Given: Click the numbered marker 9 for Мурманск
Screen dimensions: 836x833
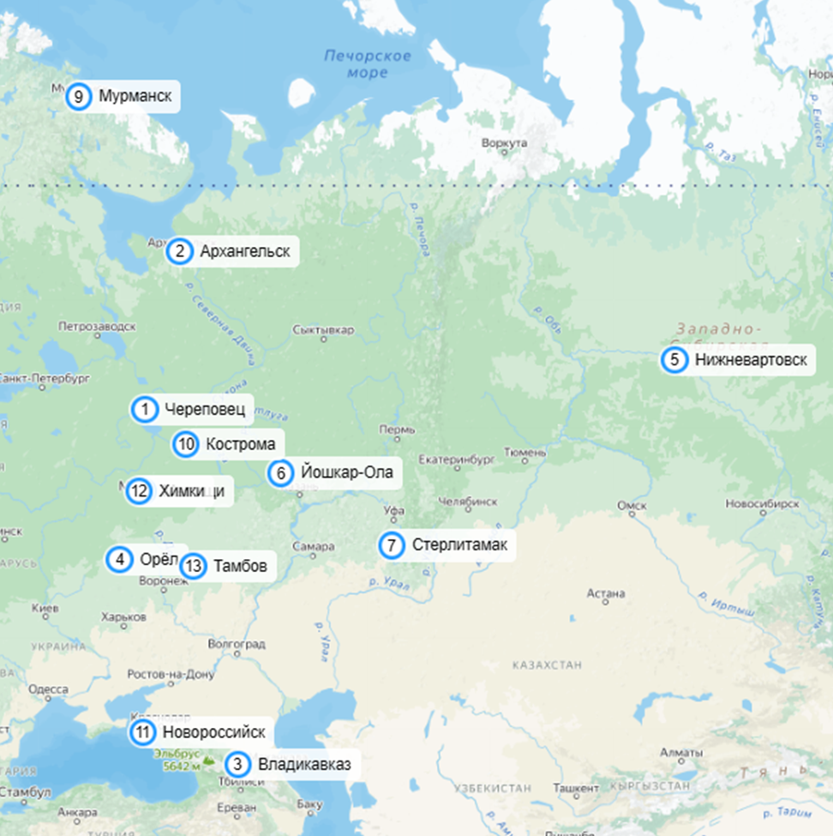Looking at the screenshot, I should (x=78, y=96).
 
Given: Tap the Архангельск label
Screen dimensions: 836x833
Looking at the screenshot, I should (x=244, y=251).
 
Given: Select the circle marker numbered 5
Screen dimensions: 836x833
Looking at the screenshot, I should (x=674, y=360).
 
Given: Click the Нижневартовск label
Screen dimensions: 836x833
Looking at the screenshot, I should (x=751, y=360).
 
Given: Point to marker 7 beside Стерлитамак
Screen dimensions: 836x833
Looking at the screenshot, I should (x=392, y=545).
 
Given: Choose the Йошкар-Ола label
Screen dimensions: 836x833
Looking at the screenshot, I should (x=346, y=472).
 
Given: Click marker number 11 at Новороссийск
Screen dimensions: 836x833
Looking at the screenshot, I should (x=143, y=733).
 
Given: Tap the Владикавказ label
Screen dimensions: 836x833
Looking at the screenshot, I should (x=304, y=764).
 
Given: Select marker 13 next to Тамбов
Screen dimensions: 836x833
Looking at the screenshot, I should (x=195, y=566).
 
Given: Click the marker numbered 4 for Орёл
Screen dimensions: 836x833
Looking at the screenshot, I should (x=120, y=560).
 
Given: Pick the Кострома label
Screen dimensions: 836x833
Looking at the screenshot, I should (x=241, y=444).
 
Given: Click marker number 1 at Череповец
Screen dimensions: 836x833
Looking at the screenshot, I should (x=145, y=410).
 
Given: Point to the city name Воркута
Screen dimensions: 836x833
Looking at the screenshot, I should (x=503, y=142).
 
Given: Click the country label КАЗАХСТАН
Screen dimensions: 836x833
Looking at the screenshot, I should (x=546, y=665).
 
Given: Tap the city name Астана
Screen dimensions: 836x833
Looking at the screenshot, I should (x=606, y=593).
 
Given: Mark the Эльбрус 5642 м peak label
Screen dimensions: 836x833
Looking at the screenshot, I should (x=177, y=760).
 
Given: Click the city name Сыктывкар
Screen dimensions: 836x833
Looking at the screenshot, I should (x=323, y=329).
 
